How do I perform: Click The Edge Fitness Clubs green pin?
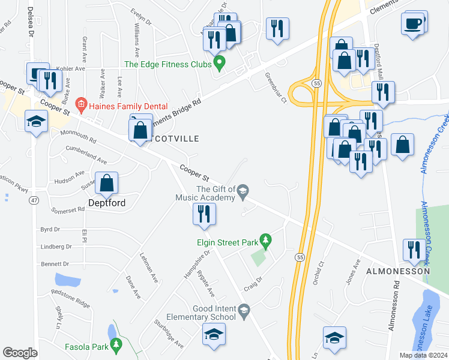point(220,62)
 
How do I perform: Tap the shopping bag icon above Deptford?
point(107,184)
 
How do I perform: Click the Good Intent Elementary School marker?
point(243,310)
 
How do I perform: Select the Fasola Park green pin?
point(118,345)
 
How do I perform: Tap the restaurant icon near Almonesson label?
point(412,250)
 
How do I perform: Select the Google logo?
point(20,353)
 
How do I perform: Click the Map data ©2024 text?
point(423,355)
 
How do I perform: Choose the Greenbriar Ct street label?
point(276,88)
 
